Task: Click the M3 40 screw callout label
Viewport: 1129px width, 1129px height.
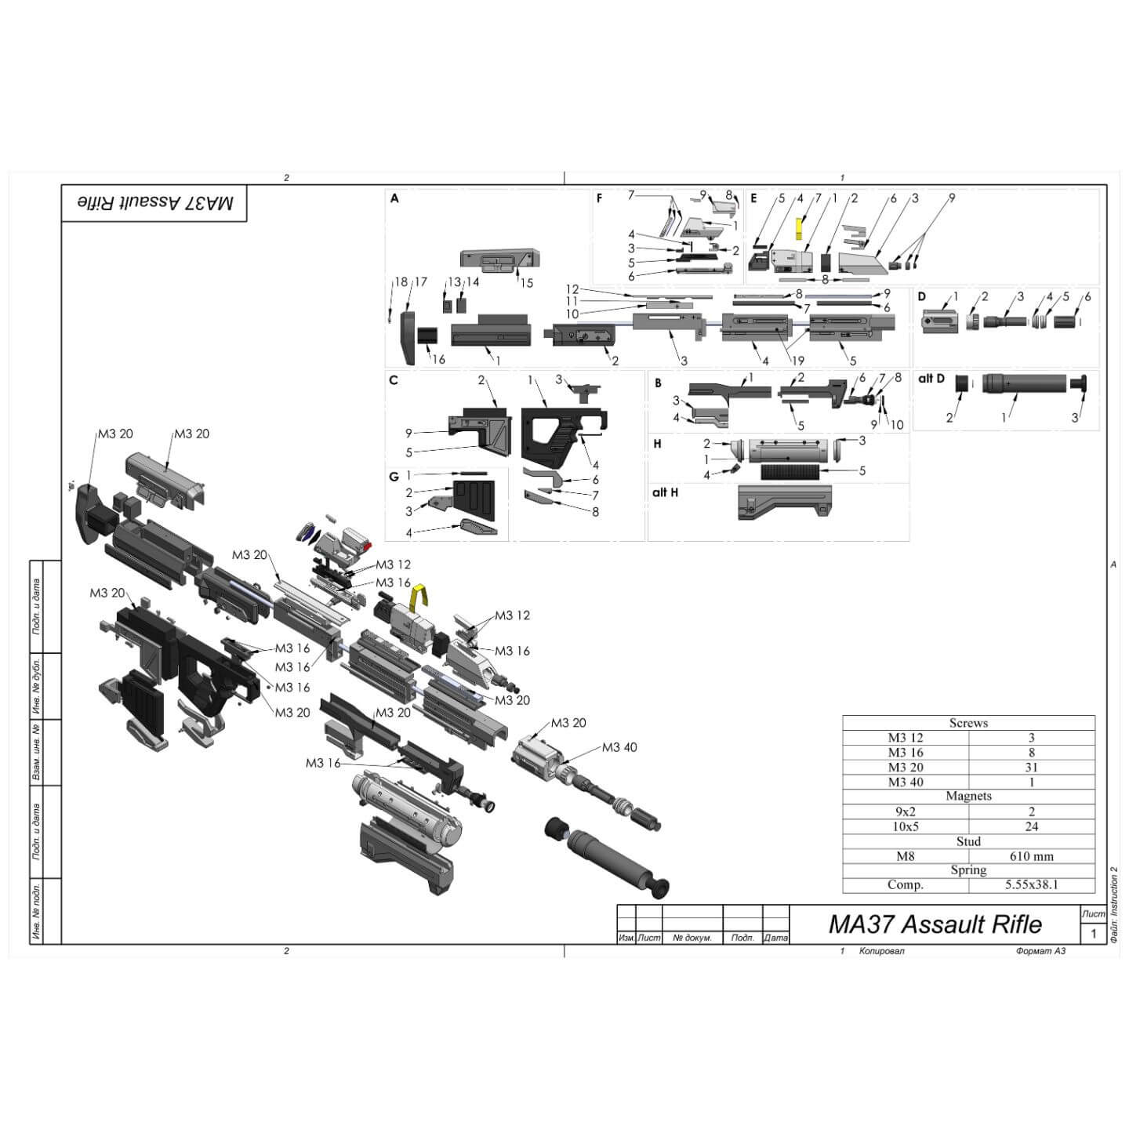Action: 619,747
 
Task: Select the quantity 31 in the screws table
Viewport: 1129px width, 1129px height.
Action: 1031,767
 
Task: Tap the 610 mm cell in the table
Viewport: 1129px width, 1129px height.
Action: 1031,856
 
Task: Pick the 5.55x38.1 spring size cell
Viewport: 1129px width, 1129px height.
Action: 1031,885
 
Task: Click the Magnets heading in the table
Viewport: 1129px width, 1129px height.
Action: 968,796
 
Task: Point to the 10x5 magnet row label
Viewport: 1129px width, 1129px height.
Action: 905,826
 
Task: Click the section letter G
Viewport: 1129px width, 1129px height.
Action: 394,477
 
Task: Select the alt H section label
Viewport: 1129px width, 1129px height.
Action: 665,492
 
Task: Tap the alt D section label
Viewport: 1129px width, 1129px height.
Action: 931,379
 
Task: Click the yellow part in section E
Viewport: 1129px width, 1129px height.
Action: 799,228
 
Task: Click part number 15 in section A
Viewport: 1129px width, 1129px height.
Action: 527,283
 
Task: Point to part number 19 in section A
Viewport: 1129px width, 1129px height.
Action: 797,361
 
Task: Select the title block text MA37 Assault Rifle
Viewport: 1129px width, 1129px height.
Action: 935,924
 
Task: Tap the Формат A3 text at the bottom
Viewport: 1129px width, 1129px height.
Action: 1040,951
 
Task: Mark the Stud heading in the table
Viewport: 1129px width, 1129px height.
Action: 968,841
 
